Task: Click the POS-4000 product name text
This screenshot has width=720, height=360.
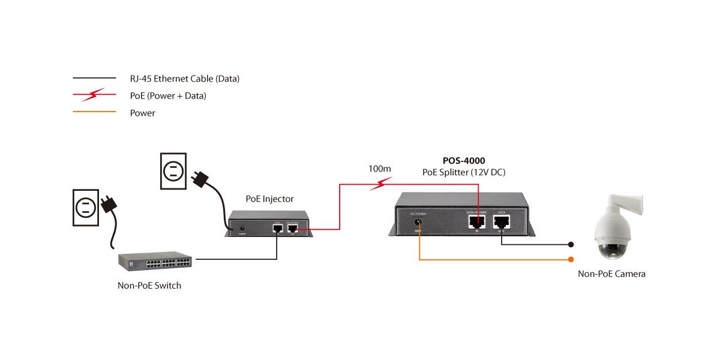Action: pyautogui.click(x=463, y=161)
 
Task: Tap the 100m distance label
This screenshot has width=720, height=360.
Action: pyautogui.click(x=379, y=169)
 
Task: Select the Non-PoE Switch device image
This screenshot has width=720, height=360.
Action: pyautogui.click(x=155, y=260)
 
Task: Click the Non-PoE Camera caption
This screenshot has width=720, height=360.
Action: pyautogui.click(x=611, y=274)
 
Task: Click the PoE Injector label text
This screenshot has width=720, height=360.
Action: pyautogui.click(x=269, y=199)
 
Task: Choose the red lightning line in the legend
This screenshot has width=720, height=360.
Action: pyautogui.click(x=94, y=95)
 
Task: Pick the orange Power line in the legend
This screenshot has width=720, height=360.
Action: pyautogui.click(x=94, y=112)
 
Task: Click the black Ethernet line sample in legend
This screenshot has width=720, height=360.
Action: pyautogui.click(x=94, y=79)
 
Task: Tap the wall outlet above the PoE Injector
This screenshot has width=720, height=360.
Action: pyautogui.click(x=173, y=170)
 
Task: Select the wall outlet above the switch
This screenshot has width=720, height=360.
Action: pyautogui.click(x=85, y=208)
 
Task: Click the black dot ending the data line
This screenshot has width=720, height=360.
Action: pyautogui.click(x=571, y=245)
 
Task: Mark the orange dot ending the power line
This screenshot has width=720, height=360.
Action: pyautogui.click(x=571, y=260)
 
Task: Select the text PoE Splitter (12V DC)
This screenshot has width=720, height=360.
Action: pyautogui.click(x=463, y=173)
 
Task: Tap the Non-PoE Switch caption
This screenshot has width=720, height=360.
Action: pyautogui.click(x=149, y=286)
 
